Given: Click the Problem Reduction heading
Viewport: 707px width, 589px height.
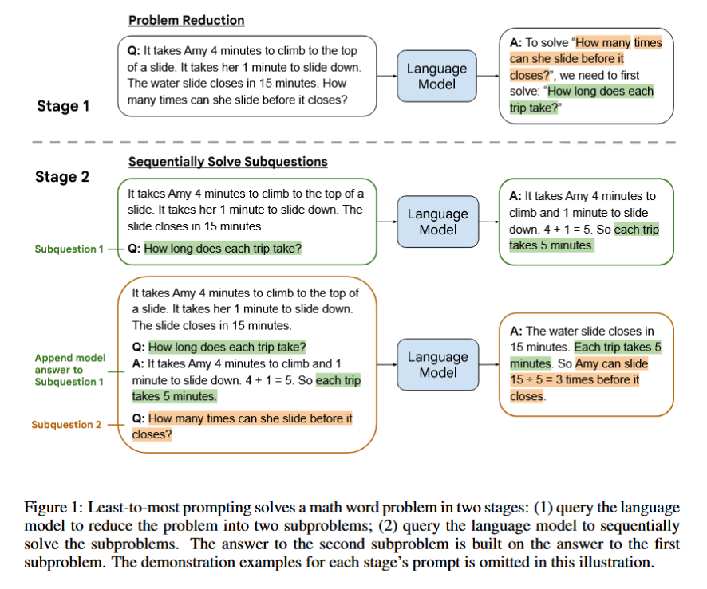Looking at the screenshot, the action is point(186,20).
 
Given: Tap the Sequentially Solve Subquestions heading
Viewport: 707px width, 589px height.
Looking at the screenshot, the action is point(227,162).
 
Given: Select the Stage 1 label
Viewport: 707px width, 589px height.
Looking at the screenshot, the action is point(63,106).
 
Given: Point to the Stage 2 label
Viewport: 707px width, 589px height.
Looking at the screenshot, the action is point(62,176).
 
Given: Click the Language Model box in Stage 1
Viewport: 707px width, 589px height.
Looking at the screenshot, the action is point(436,76).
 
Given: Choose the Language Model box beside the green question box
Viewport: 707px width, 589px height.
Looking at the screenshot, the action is point(438,222).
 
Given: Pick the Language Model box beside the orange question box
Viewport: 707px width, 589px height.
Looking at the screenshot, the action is point(438,364).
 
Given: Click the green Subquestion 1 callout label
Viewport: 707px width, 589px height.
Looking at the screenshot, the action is point(69,249).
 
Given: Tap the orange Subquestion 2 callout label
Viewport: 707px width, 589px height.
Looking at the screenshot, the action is point(66,425).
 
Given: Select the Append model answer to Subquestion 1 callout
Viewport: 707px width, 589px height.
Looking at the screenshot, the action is point(70,370).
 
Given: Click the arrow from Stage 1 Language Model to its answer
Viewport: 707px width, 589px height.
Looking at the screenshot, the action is point(488,76).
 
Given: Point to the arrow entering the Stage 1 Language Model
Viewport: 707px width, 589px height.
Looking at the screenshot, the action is point(387,76).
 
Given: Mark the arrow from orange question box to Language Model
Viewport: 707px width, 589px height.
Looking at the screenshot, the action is point(387,364).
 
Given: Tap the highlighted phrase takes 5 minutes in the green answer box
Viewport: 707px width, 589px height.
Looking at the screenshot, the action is point(551,245).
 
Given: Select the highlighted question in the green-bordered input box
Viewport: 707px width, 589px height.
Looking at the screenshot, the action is point(223,249).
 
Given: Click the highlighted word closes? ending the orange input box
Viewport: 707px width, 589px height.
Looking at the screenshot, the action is point(152,434).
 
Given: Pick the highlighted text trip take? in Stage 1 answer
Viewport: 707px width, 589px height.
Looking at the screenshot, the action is point(534,108).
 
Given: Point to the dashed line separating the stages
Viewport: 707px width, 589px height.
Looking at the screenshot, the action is point(354,143).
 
